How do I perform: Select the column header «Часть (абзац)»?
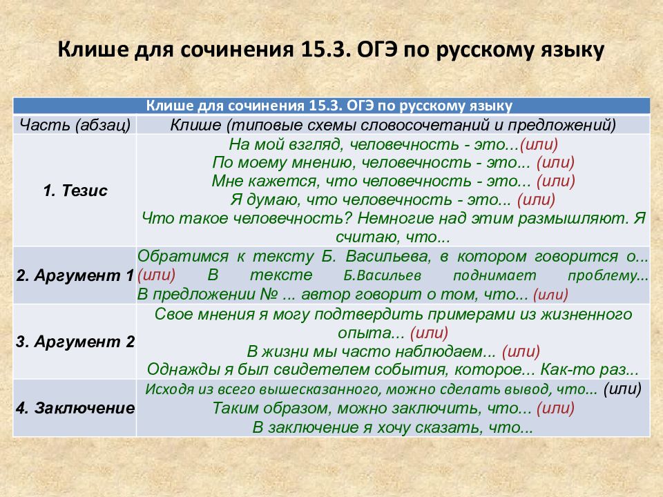[x=75, y=125]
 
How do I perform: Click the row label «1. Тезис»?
[x=75, y=191]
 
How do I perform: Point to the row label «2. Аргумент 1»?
[x=75, y=275]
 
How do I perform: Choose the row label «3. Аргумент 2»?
[x=75, y=342]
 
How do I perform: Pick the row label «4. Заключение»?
[x=75, y=408]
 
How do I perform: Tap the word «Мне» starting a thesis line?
[x=227, y=181]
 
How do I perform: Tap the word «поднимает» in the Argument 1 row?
[x=494, y=275]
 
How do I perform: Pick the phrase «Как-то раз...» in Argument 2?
[x=589, y=370]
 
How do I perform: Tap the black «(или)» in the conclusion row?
[x=622, y=389]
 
